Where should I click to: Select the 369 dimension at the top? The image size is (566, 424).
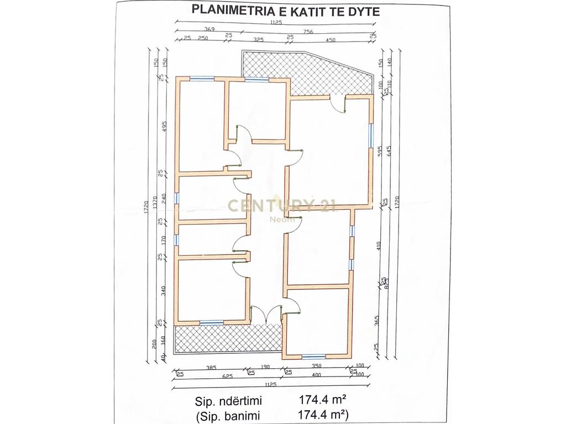point(209,29)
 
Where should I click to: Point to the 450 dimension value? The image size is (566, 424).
point(331,40)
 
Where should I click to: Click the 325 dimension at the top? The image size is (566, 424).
point(258,40)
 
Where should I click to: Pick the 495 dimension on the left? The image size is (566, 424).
point(164,126)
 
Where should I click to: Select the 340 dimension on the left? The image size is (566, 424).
point(164,291)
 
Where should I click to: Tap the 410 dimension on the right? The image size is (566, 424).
point(380,245)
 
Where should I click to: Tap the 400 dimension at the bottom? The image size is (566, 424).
point(317,376)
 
